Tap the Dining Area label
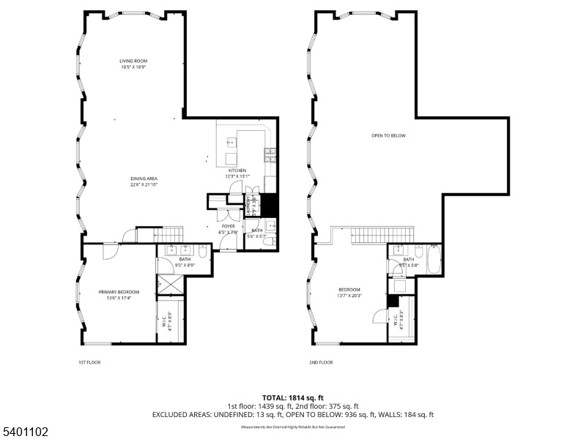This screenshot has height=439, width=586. pyautogui.click(x=144, y=181)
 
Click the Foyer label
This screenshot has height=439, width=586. pyautogui.click(x=229, y=230)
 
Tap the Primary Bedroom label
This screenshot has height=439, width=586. pyautogui.click(x=119, y=295)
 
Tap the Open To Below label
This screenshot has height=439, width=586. pyautogui.click(x=388, y=135)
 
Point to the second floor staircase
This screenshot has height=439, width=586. pyautogui.click(x=369, y=236)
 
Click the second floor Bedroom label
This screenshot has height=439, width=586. pyautogui.click(x=349, y=292)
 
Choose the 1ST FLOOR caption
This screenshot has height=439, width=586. pyautogui.click(x=90, y=362)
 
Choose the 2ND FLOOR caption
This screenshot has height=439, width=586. pyautogui.click(x=321, y=362)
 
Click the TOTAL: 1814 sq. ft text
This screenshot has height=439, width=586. pyautogui.click(x=293, y=397)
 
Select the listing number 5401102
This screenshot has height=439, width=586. pyautogui.click(x=25, y=432)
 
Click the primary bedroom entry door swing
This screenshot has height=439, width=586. pyautogui.click(x=110, y=251)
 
